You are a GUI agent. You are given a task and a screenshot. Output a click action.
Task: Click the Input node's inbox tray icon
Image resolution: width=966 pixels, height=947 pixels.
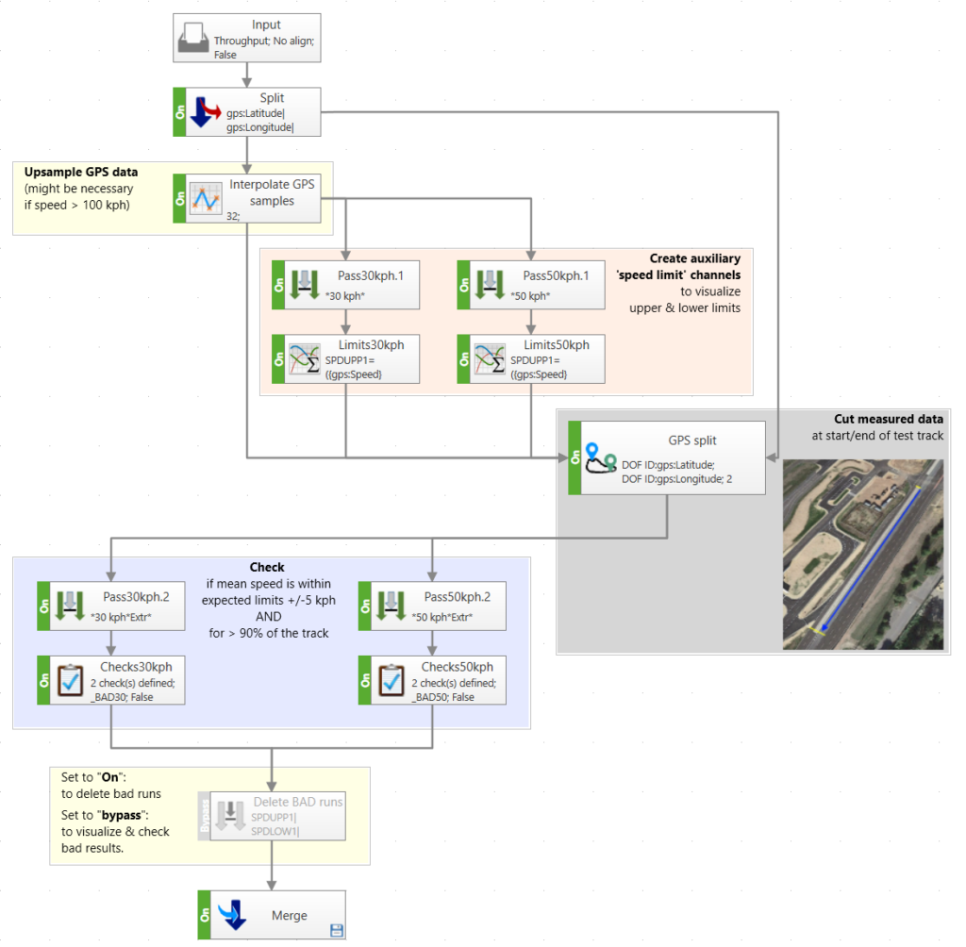194,39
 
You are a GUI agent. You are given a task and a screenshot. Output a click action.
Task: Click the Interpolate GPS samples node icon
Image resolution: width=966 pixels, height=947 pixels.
206,198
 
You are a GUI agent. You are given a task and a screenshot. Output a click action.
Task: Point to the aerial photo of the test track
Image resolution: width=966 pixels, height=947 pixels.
862,554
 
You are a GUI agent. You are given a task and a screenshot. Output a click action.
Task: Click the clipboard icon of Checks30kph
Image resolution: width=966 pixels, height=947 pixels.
71,680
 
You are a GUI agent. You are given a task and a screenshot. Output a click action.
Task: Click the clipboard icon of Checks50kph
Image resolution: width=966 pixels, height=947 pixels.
392,680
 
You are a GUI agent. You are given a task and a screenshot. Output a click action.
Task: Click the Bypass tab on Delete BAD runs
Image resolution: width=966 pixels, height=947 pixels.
204,816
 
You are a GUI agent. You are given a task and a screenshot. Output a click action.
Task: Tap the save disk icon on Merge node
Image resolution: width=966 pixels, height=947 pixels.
335,931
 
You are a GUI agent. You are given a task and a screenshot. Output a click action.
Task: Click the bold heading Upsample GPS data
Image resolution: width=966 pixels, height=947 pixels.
81,173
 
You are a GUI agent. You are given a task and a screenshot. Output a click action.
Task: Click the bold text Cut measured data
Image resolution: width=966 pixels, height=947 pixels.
888,419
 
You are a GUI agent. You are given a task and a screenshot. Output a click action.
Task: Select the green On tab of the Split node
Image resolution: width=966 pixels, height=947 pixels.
179,112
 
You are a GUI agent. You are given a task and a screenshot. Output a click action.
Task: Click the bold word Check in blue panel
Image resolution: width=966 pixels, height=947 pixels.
267,568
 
